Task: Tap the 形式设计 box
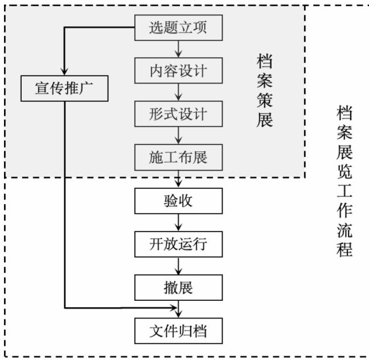(x=178, y=114)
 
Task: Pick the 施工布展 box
(x=178, y=157)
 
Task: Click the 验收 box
(x=178, y=201)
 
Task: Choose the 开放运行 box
(x=178, y=245)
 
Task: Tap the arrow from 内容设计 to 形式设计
(x=179, y=92)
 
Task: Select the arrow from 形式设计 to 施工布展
(x=179, y=135)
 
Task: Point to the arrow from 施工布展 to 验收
(x=179, y=179)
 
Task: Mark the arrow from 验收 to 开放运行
(x=179, y=222)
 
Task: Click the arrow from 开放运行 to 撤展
(x=179, y=266)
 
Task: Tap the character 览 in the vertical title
(x=344, y=171)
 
